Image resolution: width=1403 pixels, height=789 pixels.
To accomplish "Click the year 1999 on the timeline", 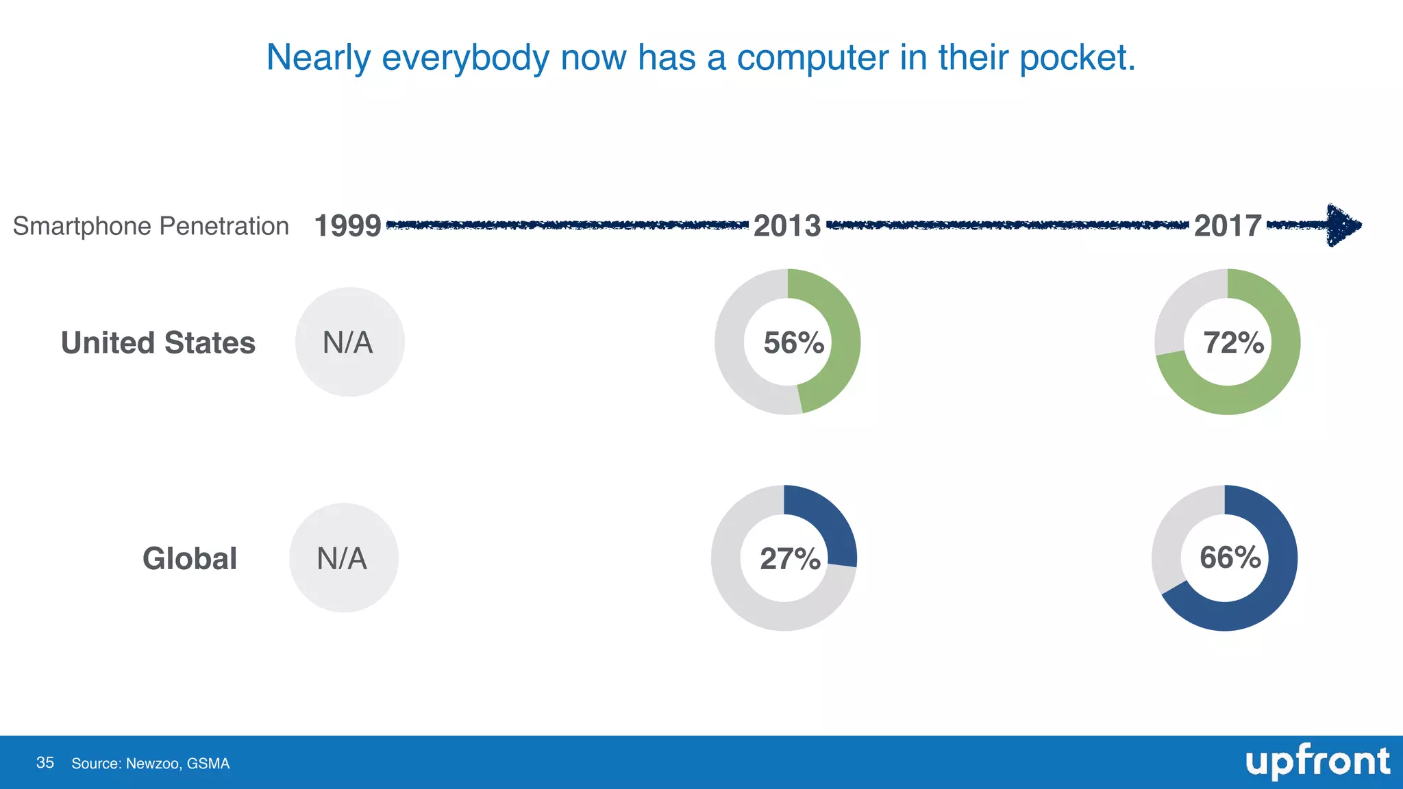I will [x=347, y=226].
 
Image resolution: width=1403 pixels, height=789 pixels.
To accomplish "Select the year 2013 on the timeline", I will [x=787, y=226].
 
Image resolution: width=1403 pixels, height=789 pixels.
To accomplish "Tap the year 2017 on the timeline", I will [x=1228, y=226].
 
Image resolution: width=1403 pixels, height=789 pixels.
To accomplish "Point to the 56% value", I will [x=793, y=343].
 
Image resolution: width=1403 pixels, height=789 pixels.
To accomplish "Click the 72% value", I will [x=1233, y=343].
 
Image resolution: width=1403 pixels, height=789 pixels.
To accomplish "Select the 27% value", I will [x=790, y=559].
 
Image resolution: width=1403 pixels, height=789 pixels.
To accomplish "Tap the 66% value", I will [x=1230, y=558].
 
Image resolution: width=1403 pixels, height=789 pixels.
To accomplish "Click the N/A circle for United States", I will [x=349, y=342].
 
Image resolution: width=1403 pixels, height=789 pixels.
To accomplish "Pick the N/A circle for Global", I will [x=343, y=558].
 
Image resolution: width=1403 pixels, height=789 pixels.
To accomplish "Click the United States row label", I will [x=158, y=343].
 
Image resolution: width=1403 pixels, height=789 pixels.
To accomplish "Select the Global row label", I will [x=190, y=559].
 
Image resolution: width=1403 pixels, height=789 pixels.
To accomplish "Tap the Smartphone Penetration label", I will [x=151, y=226].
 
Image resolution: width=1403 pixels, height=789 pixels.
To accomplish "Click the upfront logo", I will [x=1317, y=762].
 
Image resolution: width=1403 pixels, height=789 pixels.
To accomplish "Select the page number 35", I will [x=45, y=763].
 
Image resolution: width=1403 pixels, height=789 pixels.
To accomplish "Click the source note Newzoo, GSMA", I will [x=151, y=764].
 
